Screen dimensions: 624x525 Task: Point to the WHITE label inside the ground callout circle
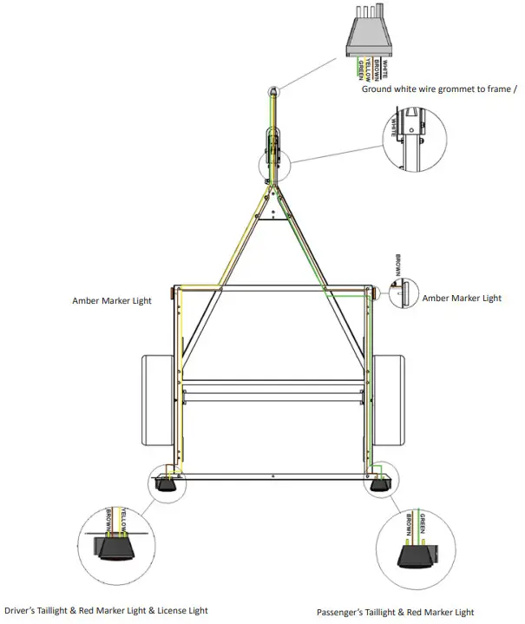click(x=394, y=128)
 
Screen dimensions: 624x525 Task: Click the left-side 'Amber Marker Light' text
click(x=112, y=301)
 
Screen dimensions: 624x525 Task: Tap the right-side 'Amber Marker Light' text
click(x=462, y=298)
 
